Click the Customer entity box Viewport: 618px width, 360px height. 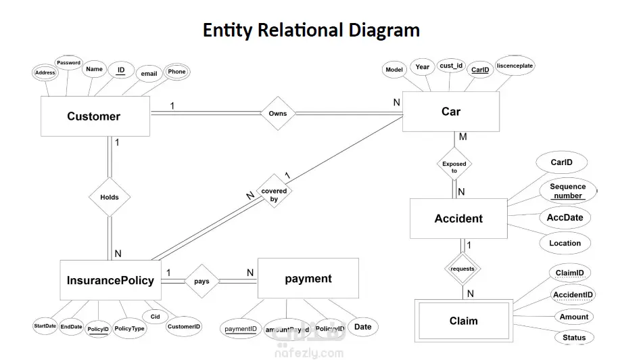(95, 116)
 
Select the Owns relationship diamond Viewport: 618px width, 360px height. (278, 113)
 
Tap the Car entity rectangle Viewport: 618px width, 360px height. (451, 112)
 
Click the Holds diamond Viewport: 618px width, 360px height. (109, 198)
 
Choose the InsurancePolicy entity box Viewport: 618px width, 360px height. (110, 280)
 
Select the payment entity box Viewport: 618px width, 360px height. (308, 279)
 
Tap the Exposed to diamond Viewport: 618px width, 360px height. (454, 166)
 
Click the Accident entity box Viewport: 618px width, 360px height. (458, 219)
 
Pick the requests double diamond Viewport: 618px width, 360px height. (462, 269)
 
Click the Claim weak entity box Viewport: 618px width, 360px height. (463, 321)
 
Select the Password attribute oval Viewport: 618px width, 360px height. (68, 63)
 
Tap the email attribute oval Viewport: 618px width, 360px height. (148, 74)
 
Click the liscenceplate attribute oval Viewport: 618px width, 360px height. (515, 66)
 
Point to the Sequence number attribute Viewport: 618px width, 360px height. (568, 191)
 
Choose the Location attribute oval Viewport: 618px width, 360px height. (565, 243)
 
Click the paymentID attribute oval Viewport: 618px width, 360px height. (241, 329)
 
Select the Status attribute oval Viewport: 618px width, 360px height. (574, 337)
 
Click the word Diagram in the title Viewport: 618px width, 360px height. (384, 30)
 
